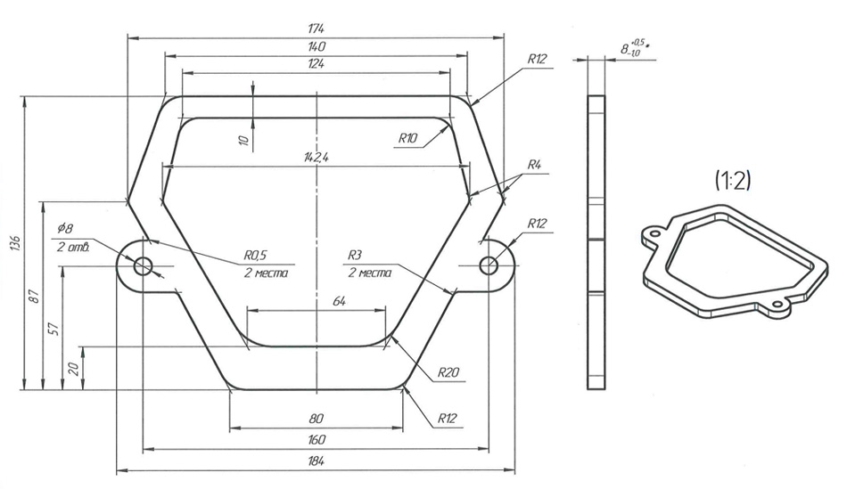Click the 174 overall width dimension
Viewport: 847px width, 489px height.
[x=316, y=29]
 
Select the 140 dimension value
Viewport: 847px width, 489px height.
[x=316, y=46]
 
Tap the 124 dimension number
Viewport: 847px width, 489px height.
[x=316, y=64]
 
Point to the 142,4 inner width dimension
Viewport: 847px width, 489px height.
[x=317, y=158]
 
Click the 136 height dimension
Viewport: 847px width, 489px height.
[x=16, y=244]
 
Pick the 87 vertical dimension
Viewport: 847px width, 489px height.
[x=34, y=296]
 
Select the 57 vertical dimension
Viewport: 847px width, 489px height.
[x=53, y=329]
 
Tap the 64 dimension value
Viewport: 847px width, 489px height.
[x=339, y=301]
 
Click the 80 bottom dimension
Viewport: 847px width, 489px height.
[x=316, y=419]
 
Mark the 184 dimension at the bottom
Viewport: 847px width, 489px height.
[x=316, y=461]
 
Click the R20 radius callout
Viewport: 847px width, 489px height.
[x=448, y=372]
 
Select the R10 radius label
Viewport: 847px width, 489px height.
[x=407, y=138]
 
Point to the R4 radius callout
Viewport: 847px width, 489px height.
[x=534, y=165]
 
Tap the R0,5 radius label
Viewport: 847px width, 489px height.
[x=256, y=255]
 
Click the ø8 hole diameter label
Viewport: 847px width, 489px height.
[x=65, y=227]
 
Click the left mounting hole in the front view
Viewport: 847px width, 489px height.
[x=144, y=265]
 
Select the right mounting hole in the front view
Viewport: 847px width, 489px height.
[x=489, y=265]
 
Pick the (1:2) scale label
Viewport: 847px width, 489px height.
[x=733, y=181]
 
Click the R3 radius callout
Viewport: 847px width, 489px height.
[x=354, y=255]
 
